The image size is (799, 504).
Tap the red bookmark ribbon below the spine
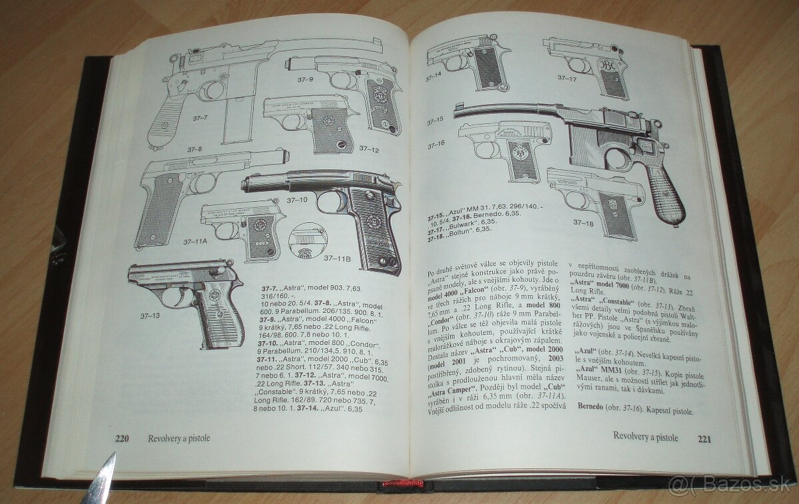click(x=403, y=485)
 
